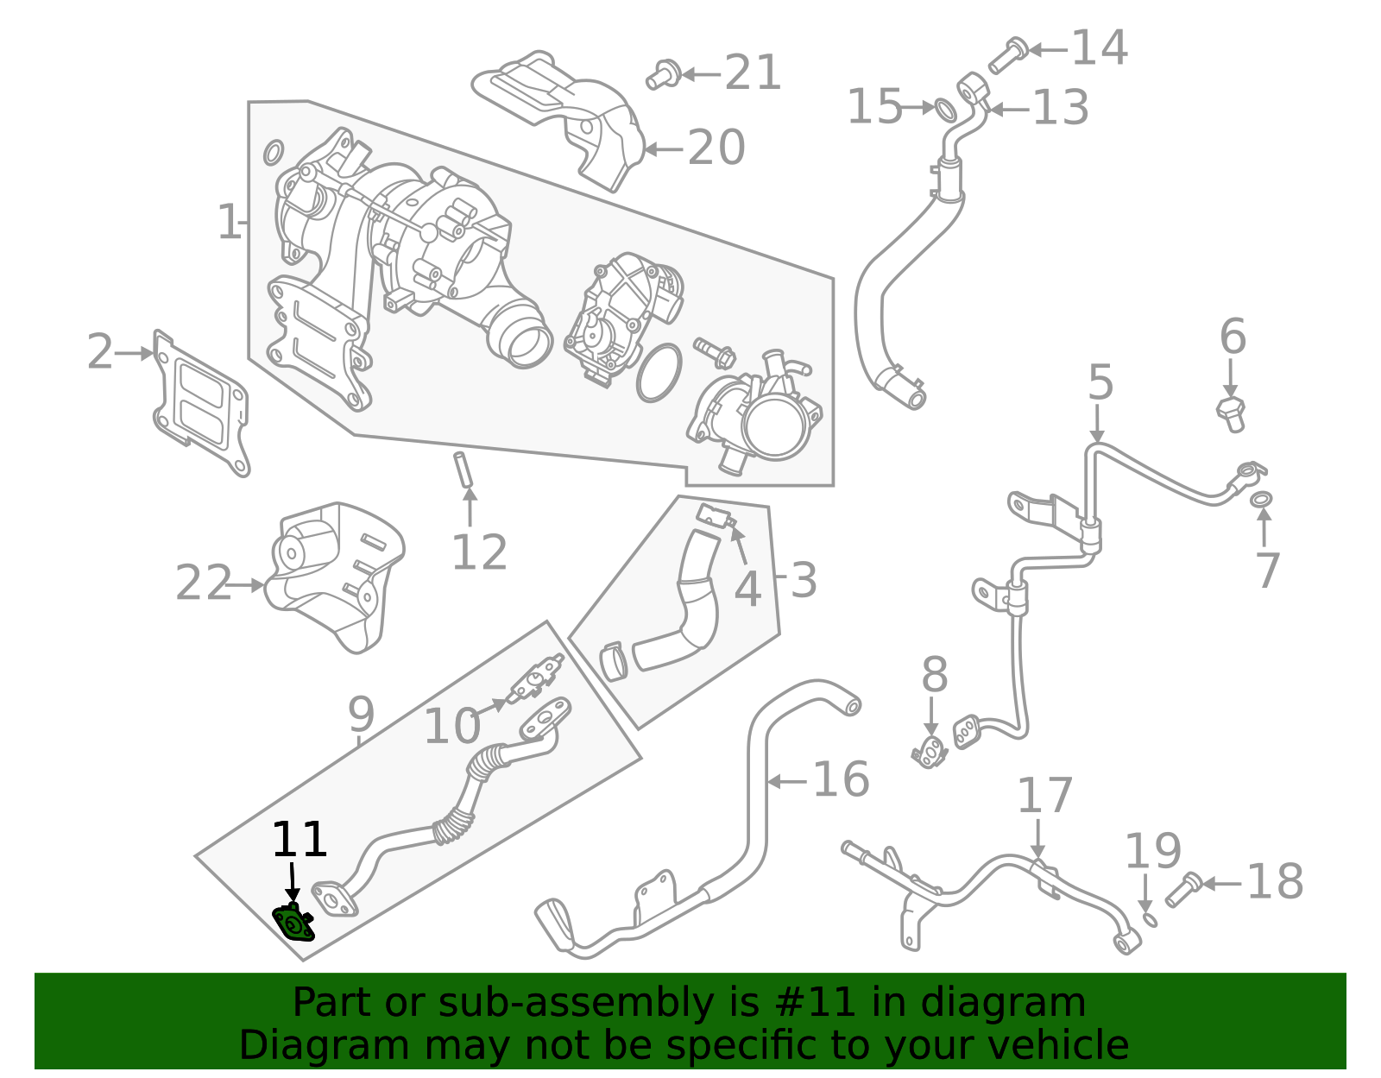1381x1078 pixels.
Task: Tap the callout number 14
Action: (x=1099, y=47)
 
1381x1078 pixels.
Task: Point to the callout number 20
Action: (x=716, y=148)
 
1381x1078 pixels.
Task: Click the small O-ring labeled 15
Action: (x=946, y=110)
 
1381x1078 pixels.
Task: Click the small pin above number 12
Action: (x=463, y=469)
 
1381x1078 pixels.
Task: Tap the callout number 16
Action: (x=841, y=780)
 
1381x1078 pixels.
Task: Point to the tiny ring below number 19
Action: (x=1150, y=919)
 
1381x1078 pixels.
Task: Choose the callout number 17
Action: (x=1044, y=796)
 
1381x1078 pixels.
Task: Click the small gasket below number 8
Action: (x=930, y=753)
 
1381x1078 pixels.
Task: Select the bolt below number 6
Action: (x=1231, y=413)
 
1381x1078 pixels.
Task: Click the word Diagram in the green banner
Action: (x=297, y=1045)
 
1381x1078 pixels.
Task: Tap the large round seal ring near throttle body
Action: (x=659, y=373)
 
